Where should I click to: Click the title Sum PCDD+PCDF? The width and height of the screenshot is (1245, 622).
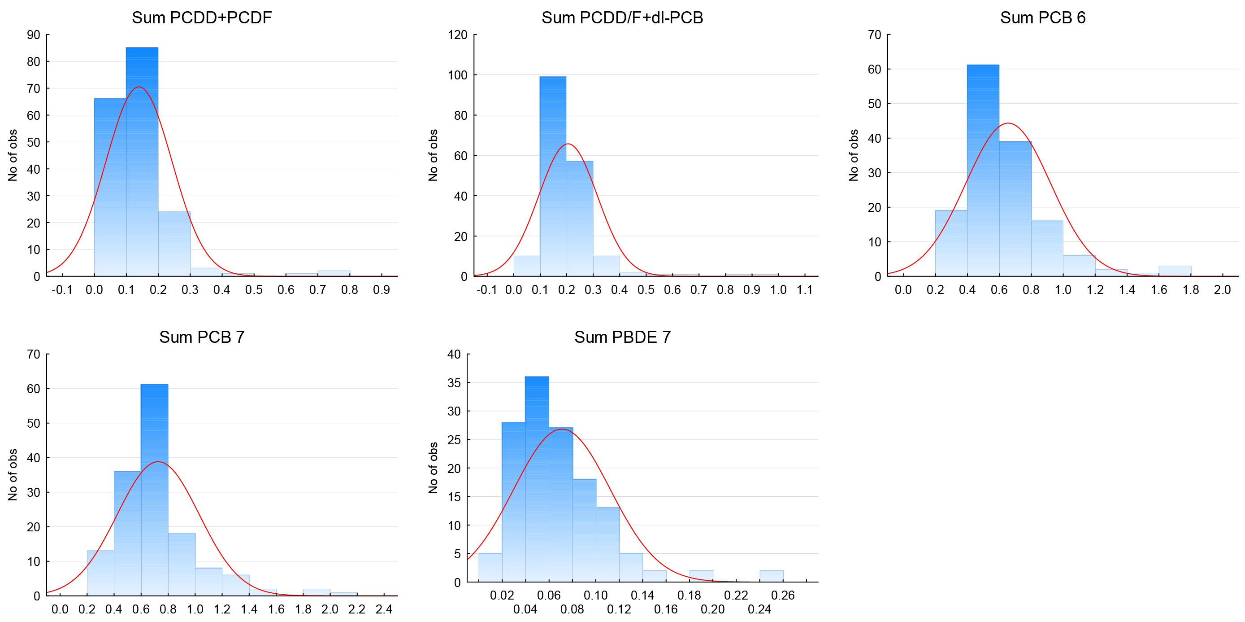202,18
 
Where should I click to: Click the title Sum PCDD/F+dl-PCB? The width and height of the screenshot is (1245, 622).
622,18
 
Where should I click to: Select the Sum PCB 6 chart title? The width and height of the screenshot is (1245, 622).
1042,18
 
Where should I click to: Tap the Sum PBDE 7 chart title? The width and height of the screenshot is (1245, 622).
622,337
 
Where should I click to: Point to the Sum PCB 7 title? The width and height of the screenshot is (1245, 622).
202,337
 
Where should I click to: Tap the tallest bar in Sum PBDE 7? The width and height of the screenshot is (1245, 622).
537,479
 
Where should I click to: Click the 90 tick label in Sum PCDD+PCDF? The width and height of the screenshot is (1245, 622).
33,35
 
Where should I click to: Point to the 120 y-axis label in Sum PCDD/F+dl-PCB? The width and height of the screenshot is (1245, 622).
457,35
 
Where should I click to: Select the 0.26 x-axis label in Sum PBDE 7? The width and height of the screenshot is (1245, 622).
782,596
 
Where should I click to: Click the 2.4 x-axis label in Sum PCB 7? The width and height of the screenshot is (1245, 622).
384,609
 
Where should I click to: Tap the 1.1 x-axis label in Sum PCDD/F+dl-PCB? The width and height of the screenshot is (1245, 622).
804,290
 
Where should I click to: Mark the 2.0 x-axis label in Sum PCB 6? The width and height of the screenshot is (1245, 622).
1222,290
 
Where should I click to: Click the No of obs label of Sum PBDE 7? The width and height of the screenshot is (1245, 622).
433,468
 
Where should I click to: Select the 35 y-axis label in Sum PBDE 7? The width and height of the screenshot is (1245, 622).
454,383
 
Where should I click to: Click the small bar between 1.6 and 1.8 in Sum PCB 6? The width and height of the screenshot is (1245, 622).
1175,272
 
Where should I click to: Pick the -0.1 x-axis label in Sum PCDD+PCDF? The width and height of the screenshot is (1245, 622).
62,290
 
